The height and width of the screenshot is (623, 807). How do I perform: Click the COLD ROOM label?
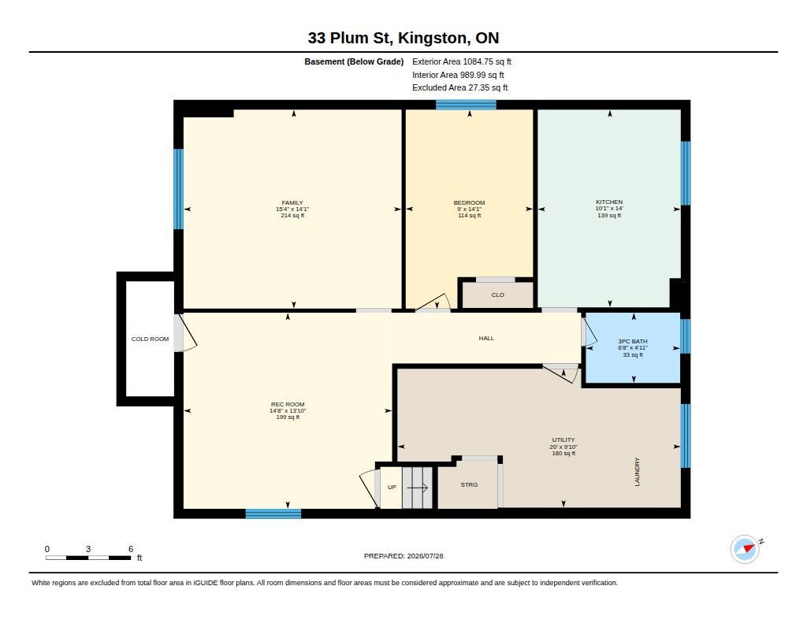(x=150, y=339)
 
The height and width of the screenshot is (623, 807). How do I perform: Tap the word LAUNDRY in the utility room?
(x=637, y=472)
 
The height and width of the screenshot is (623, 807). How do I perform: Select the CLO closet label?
(x=498, y=295)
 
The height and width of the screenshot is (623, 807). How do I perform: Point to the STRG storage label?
(x=469, y=484)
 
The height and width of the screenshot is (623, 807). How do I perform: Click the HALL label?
(x=486, y=338)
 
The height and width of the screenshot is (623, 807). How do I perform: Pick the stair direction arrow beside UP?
(x=418, y=488)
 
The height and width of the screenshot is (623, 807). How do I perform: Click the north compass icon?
(x=746, y=548)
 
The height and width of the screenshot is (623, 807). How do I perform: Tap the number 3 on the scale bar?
(x=88, y=549)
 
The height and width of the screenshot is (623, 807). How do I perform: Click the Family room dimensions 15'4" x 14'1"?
(x=292, y=210)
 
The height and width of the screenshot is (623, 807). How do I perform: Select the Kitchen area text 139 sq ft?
(x=609, y=215)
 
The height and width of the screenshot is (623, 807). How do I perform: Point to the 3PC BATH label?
(x=633, y=341)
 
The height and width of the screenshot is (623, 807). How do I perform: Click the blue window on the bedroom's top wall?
(x=467, y=105)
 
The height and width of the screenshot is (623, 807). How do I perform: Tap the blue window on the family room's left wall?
(x=179, y=189)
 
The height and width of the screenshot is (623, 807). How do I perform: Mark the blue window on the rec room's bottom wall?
(x=273, y=514)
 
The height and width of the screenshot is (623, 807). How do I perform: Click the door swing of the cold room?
(x=186, y=333)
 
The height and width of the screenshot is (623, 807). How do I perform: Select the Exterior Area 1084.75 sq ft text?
(x=462, y=61)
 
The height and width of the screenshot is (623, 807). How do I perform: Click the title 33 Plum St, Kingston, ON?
(x=403, y=38)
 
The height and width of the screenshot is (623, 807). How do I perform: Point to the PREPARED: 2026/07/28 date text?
(x=403, y=556)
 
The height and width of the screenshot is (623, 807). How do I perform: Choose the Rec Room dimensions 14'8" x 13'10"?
(x=288, y=410)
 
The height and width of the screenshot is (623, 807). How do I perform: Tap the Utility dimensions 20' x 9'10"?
(x=563, y=447)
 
